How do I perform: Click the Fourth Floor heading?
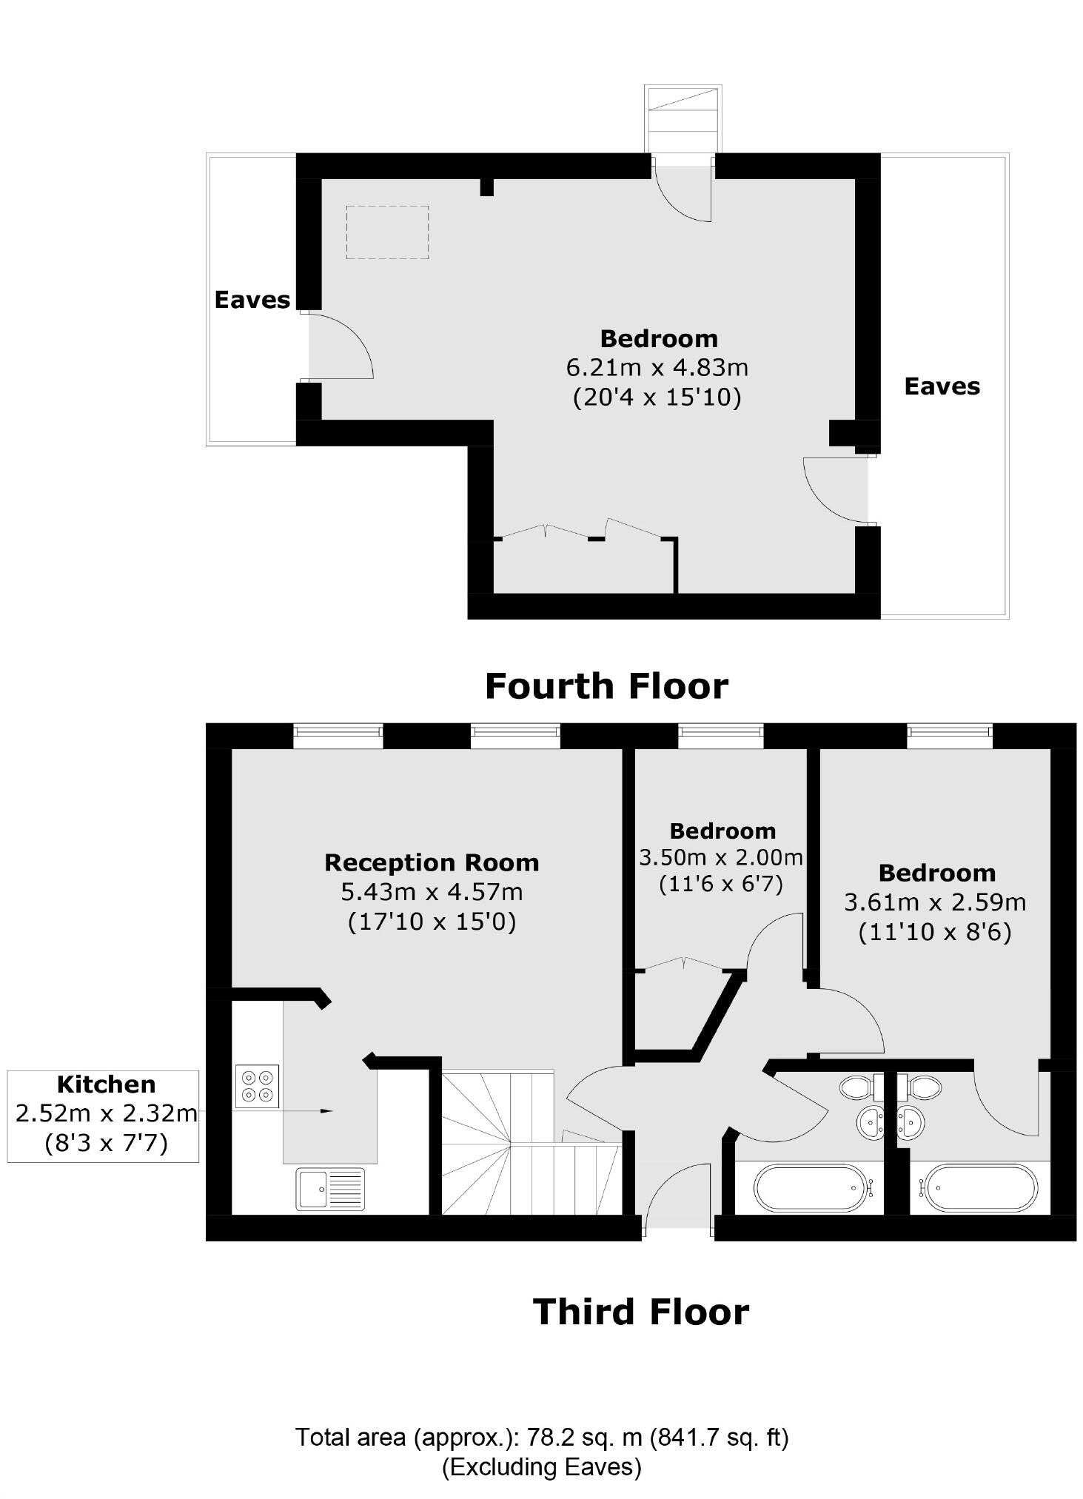[x=606, y=686]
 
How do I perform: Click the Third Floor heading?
[x=640, y=1312]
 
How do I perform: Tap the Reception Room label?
[x=432, y=862]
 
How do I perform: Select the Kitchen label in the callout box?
[x=106, y=1084]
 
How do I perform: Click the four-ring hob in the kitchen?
[x=257, y=1086]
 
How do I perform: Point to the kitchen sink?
[x=330, y=1189]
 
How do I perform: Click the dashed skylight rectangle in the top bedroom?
[x=387, y=232]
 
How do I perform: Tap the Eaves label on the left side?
[x=252, y=300]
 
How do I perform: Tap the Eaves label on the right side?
[x=942, y=386]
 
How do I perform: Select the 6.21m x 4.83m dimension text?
[x=657, y=367]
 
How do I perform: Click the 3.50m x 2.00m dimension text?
[x=720, y=858]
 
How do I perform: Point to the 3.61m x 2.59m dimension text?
[x=935, y=902]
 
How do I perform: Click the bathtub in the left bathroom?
[x=809, y=1189]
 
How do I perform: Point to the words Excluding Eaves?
[x=542, y=1466]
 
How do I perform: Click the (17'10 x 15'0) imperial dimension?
[x=432, y=922]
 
